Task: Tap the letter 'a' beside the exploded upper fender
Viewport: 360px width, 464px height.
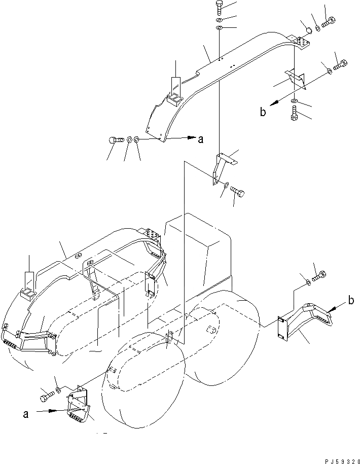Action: point(201,139)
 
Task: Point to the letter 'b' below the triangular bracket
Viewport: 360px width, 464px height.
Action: point(263,112)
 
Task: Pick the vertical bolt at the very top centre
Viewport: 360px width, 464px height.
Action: point(219,8)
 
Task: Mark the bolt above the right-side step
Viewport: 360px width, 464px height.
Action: point(319,277)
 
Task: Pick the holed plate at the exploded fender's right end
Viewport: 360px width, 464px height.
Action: point(304,40)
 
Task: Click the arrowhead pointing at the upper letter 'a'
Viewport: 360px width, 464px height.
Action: point(191,137)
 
